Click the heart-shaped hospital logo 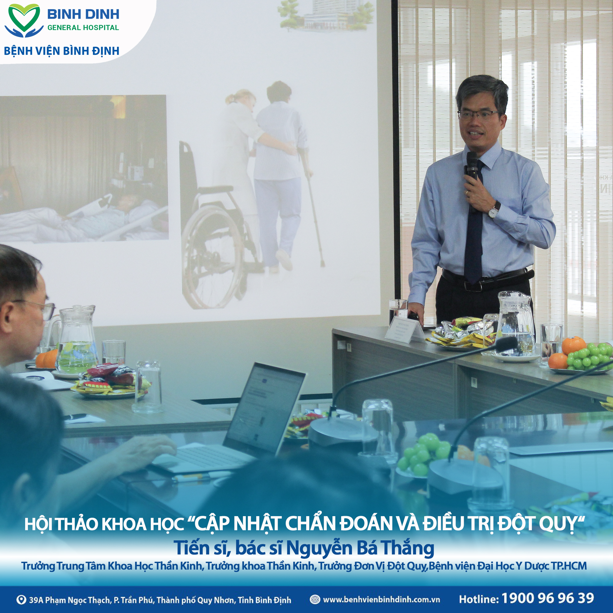24,20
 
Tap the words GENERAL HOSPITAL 83,28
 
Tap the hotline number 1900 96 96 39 547,598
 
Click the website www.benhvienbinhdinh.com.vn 381,599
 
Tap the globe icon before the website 314,599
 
